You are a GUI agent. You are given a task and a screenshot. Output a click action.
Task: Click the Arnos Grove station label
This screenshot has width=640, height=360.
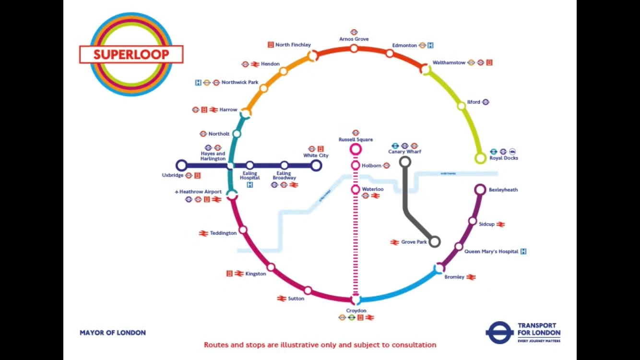[354, 39]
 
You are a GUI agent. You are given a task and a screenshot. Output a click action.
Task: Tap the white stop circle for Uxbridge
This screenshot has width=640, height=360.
[181, 166]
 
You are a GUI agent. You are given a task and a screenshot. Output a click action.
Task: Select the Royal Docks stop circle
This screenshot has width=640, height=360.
[480, 158]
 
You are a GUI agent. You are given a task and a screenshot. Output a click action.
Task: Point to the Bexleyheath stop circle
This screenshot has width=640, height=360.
[480, 190]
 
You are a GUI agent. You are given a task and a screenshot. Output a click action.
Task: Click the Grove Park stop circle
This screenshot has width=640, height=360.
[435, 241]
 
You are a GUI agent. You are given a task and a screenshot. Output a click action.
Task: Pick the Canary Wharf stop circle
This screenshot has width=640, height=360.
[405, 162]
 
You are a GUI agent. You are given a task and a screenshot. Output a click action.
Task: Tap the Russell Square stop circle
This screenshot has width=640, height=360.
[356, 149]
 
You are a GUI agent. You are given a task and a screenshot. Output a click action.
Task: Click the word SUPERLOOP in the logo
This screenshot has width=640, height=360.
[131, 54]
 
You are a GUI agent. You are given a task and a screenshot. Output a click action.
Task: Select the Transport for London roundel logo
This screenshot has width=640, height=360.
[499, 333]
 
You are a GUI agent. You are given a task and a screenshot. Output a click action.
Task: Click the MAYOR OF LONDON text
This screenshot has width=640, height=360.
[113, 333]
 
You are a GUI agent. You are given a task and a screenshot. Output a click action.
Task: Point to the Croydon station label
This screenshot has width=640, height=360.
[356, 311]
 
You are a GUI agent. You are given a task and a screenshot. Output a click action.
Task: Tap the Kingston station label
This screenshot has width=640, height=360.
[255, 274]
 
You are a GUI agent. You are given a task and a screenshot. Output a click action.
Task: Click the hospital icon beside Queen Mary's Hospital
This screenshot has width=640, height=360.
[523, 251]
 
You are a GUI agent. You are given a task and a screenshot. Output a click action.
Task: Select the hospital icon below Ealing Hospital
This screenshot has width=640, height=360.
[249, 184]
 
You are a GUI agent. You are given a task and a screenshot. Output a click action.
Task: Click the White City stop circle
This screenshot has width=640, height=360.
[315, 166]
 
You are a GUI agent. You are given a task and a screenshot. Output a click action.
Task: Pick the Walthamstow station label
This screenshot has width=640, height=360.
[449, 62]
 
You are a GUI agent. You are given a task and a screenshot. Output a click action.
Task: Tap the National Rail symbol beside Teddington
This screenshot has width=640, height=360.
[203, 233]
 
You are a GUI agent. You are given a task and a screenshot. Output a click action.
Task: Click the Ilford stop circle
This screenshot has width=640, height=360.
[462, 106]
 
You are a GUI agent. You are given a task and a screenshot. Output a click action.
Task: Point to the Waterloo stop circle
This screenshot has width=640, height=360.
[356, 190]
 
